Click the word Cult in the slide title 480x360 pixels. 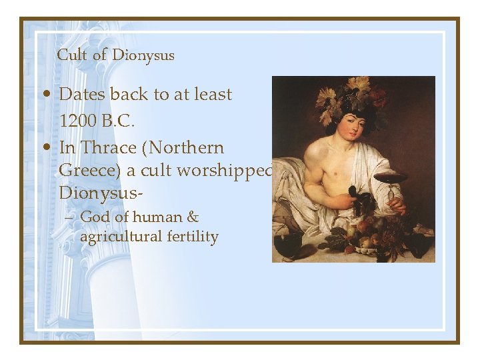click(71, 55)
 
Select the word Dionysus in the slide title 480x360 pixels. click(143, 55)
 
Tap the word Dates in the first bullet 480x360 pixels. click(83, 95)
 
